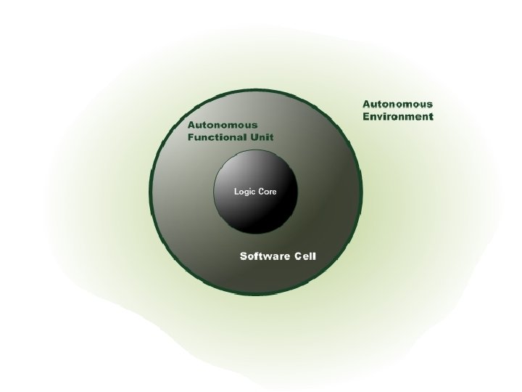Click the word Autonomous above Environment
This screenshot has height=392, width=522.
[x=397, y=103]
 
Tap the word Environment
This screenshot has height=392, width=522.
[x=398, y=115]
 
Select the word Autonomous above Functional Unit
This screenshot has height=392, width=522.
[x=223, y=125]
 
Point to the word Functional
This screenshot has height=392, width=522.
[x=214, y=137]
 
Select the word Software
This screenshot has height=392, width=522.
[x=265, y=257]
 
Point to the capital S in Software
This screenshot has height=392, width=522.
[x=244, y=257]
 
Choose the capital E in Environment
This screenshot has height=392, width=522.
[x=366, y=115]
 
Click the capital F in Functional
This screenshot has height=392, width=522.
[x=191, y=137]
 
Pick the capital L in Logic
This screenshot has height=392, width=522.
[x=235, y=192]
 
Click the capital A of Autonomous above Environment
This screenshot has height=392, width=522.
[x=367, y=103]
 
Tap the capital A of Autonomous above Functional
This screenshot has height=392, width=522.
[x=192, y=125]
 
